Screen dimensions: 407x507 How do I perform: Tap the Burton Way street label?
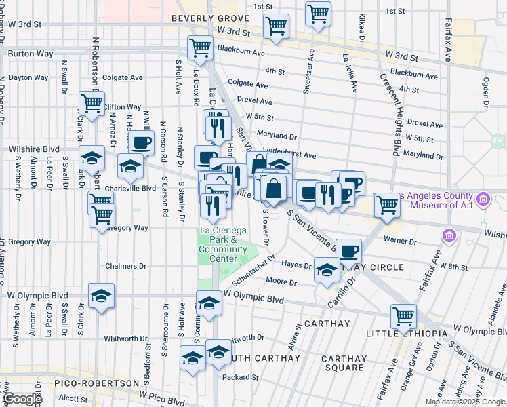24,51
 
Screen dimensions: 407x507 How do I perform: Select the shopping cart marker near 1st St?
318,13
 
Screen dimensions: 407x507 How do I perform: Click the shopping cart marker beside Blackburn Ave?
201,48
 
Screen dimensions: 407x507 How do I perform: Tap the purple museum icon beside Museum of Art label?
483,199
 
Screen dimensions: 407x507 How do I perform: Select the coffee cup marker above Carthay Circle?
349,252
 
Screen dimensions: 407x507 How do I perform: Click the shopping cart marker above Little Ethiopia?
403,316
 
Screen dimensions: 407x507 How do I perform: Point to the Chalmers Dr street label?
124,267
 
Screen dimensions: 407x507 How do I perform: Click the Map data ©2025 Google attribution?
465,402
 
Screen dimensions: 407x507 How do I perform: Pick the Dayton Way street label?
28,77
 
